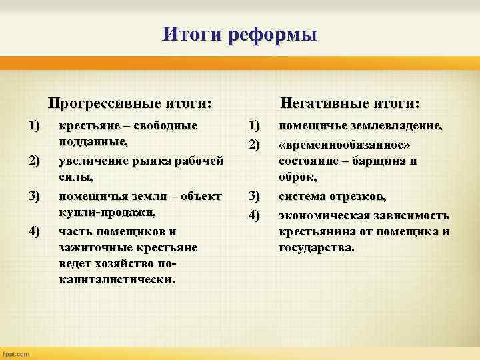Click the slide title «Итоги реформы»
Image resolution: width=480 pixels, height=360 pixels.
point(239,33)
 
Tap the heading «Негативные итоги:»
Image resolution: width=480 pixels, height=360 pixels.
point(350,104)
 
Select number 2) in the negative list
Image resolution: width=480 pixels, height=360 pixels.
point(254,143)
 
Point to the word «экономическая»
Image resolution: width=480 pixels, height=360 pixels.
point(323,214)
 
